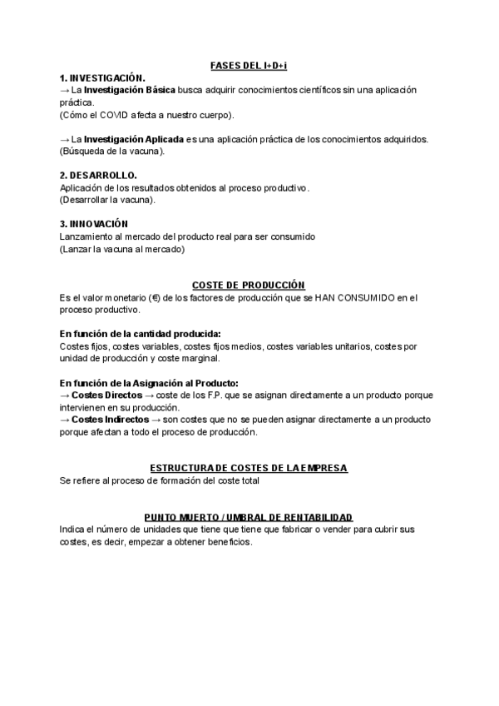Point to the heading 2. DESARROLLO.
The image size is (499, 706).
(98, 176)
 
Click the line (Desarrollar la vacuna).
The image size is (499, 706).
(107, 200)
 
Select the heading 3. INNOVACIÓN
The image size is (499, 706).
(93, 224)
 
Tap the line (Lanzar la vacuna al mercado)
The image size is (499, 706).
(121, 248)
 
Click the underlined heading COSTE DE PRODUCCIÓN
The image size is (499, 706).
(248, 285)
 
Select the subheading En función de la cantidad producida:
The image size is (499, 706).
(140, 334)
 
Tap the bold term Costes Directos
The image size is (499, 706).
(106, 395)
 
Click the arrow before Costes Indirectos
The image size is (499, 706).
(65, 420)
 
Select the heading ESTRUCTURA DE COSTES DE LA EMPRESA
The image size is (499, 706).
(248, 469)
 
